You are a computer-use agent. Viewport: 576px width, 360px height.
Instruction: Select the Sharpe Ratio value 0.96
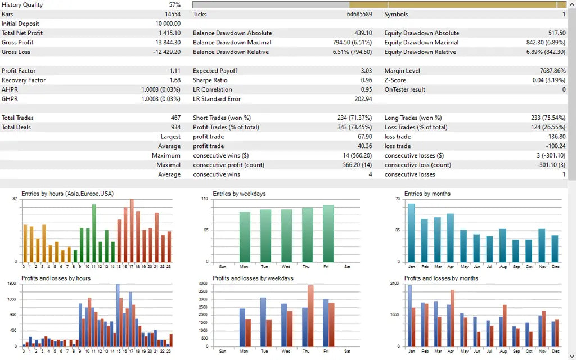pyautogui.click(x=366, y=80)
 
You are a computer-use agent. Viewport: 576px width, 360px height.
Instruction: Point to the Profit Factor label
pyautogui.click(x=19, y=71)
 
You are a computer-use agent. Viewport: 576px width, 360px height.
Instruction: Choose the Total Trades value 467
pyautogui.click(x=175, y=118)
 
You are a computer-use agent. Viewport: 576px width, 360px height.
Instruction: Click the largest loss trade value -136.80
pyautogui.click(x=555, y=137)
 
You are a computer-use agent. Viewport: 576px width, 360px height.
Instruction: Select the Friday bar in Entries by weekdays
pyautogui.click(x=328, y=233)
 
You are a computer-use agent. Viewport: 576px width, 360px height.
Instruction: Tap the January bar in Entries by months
pyautogui.click(x=411, y=232)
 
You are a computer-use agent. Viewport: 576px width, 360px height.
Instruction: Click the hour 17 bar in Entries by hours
pyautogui.click(x=132, y=230)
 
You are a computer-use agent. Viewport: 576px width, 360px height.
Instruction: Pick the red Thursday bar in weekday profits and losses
pyautogui.click(x=310, y=316)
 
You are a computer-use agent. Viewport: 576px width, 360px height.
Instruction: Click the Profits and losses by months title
pyautogui.click(x=441, y=278)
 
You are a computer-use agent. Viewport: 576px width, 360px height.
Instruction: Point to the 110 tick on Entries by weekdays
pyautogui.click(x=205, y=199)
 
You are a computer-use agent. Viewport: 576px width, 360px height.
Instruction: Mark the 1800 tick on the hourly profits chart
pyautogui.click(x=12, y=283)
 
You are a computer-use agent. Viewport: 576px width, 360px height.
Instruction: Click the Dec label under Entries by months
pyautogui.click(x=555, y=267)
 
